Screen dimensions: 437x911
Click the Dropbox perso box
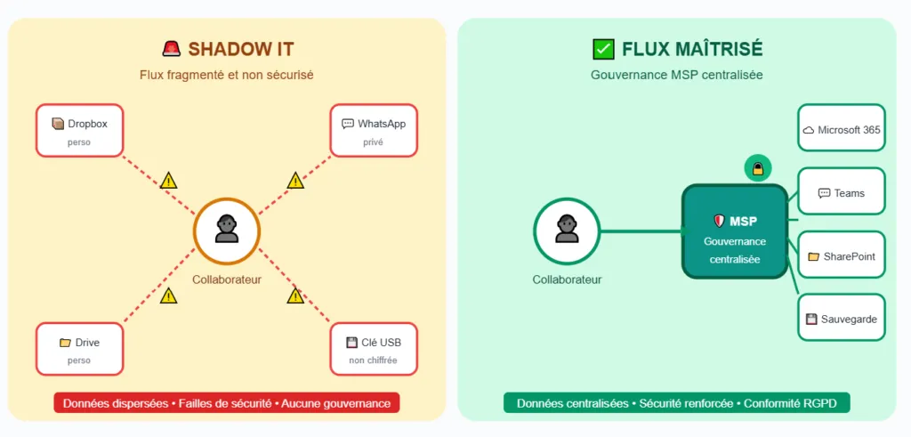click(x=78, y=130)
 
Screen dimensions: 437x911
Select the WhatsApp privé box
click(x=374, y=130)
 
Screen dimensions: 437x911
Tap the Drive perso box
click(x=78, y=349)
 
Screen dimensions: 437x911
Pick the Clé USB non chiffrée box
click(x=374, y=349)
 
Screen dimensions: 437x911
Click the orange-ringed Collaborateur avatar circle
click(x=227, y=231)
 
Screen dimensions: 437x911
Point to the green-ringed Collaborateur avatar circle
click(x=567, y=231)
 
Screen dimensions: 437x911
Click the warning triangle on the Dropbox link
click(x=168, y=181)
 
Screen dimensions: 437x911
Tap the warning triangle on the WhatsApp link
click(x=295, y=181)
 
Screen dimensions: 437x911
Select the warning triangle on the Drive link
click(x=168, y=295)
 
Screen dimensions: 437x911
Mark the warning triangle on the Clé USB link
click(x=295, y=295)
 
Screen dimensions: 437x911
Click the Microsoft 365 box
click(x=841, y=130)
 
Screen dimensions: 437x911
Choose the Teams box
click(x=841, y=192)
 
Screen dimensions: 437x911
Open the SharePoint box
click(x=841, y=255)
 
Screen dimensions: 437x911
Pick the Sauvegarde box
click(x=841, y=318)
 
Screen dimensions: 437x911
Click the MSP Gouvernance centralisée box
click(x=735, y=231)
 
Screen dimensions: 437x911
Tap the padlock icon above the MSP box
click(x=758, y=167)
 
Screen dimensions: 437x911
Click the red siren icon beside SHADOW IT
click(x=171, y=49)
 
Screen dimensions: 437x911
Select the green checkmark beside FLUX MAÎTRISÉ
click(x=603, y=49)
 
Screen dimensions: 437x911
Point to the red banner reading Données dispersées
click(x=227, y=403)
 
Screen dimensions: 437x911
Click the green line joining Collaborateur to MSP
click(x=641, y=231)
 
